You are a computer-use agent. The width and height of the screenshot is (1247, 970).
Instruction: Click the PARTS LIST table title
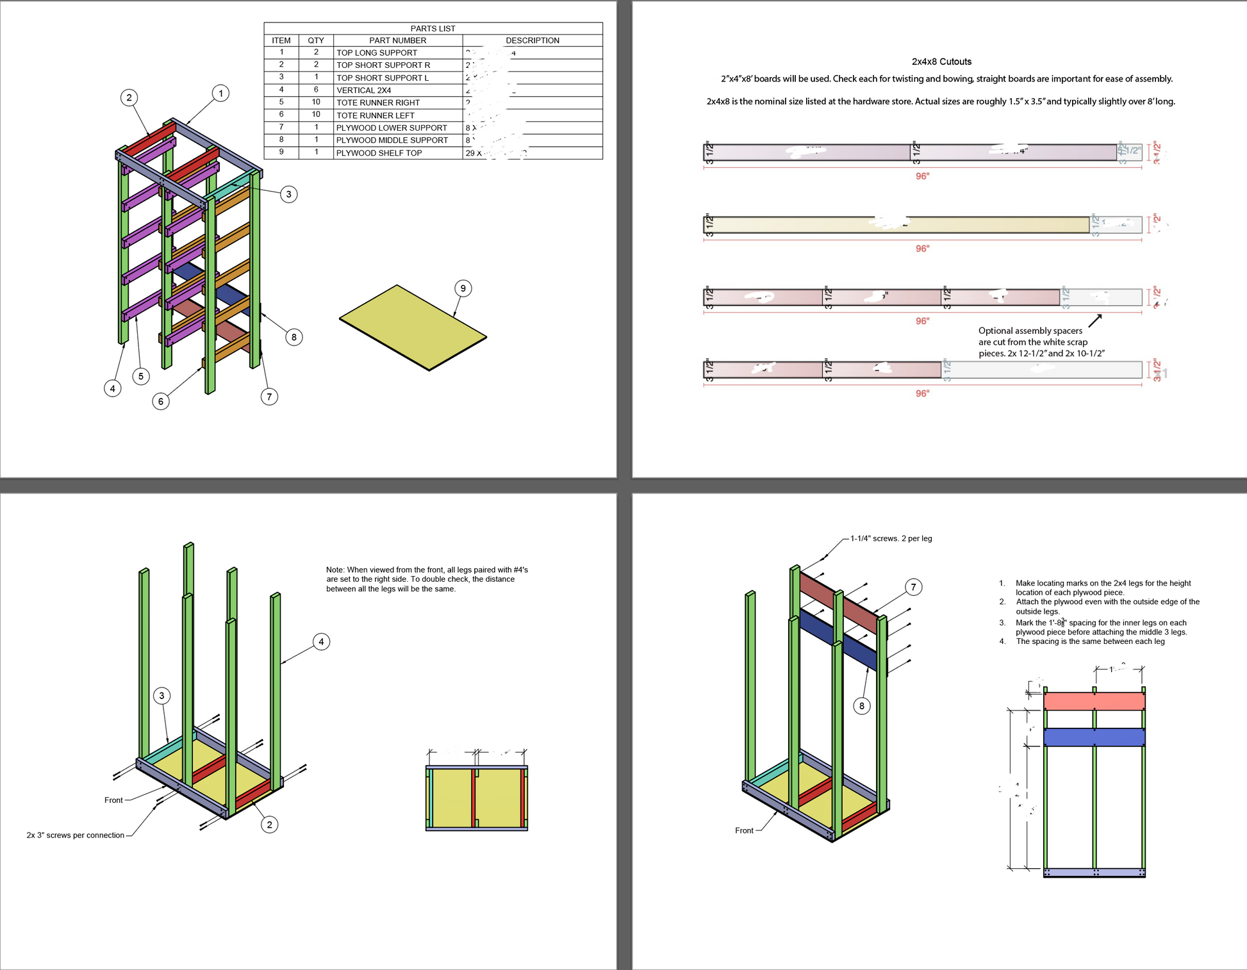pos(433,28)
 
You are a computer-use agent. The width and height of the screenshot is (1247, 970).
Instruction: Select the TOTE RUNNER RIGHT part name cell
pos(378,103)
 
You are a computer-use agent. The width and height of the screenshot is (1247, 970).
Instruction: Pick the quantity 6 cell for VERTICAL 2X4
pos(316,90)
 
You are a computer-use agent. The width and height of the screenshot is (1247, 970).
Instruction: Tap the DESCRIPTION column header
pos(532,40)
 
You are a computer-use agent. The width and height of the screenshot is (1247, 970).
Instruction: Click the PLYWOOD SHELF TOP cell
pos(379,153)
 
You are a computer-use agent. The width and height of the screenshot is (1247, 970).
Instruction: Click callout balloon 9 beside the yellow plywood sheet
pos(463,288)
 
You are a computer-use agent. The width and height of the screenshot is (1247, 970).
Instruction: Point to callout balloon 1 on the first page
pos(220,94)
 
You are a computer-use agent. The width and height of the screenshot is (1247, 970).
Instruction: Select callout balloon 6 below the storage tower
pos(160,401)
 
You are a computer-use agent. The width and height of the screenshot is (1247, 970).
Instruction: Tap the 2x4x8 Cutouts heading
pos(941,62)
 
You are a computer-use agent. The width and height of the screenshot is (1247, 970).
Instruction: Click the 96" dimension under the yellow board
pos(922,249)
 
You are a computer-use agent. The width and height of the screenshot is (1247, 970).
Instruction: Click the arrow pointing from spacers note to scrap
pos(1094,320)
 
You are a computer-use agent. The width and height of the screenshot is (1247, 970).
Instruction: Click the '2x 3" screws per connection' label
pos(76,835)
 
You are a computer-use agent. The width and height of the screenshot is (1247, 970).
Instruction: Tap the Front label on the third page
pos(113,800)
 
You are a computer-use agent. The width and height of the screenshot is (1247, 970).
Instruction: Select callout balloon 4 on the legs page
pos(321,641)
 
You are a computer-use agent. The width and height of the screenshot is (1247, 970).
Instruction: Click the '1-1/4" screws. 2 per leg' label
pos(891,538)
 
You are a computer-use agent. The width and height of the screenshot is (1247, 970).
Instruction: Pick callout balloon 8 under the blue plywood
pos(861,705)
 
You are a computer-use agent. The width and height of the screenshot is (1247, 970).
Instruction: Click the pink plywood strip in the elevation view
pos(1094,702)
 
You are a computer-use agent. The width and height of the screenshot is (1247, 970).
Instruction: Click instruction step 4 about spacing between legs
pos(1089,641)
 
